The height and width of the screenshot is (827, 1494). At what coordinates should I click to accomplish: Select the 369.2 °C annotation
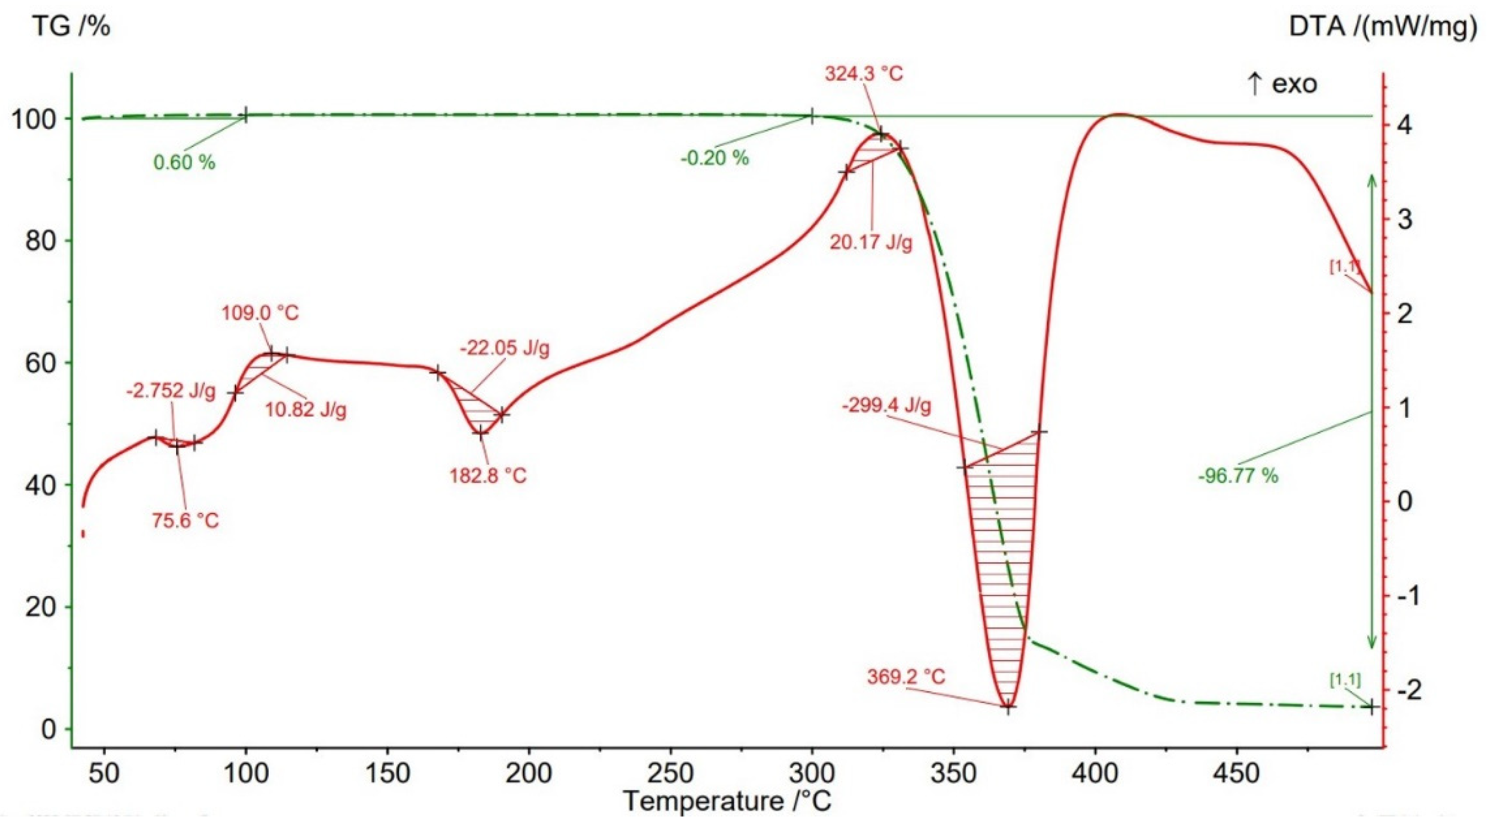tap(906, 676)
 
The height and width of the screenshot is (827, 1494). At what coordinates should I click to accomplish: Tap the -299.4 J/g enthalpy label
tap(887, 406)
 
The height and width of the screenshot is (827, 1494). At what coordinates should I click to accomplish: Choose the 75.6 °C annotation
tap(186, 520)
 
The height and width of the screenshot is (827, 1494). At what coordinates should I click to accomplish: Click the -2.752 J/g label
tap(170, 391)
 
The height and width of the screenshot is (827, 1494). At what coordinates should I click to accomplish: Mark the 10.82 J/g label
tap(305, 410)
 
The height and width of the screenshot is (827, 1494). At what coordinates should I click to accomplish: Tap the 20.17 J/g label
tap(871, 242)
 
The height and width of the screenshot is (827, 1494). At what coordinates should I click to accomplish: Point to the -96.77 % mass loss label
tap(1238, 476)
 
